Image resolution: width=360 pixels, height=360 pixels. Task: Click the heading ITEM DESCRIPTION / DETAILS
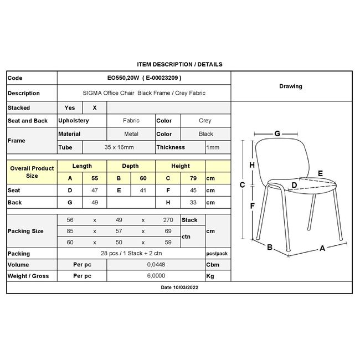pyautogui.click(x=179, y=64)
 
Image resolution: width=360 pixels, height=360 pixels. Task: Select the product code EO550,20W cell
pyautogui.click(x=143, y=78)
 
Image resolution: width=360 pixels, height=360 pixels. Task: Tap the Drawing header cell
pyautogui.click(x=291, y=86)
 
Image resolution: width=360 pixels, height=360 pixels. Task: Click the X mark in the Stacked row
pyautogui.click(x=94, y=108)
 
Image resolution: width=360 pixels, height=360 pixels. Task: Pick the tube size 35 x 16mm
pyautogui.click(x=119, y=147)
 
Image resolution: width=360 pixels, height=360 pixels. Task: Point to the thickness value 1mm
pyautogui.click(x=213, y=147)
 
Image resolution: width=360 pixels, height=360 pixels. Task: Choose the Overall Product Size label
pyautogui.click(x=32, y=172)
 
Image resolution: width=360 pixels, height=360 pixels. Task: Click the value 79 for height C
pyautogui.click(x=193, y=178)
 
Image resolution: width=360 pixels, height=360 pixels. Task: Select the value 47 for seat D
pyautogui.click(x=94, y=191)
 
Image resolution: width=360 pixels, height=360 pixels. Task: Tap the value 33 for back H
pyautogui.click(x=193, y=203)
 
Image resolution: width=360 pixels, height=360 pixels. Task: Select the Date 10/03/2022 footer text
pyautogui.click(x=179, y=288)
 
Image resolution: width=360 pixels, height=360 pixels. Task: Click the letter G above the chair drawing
pyautogui.click(x=277, y=133)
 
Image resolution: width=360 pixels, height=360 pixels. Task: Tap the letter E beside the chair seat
pyautogui.click(x=320, y=174)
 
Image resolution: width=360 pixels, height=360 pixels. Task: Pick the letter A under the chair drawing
pyautogui.click(x=322, y=248)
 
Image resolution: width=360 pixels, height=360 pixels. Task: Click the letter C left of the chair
pyautogui.click(x=242, y=186)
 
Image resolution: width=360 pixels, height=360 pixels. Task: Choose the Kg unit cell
pyautogui.click(x=210, y=276)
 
